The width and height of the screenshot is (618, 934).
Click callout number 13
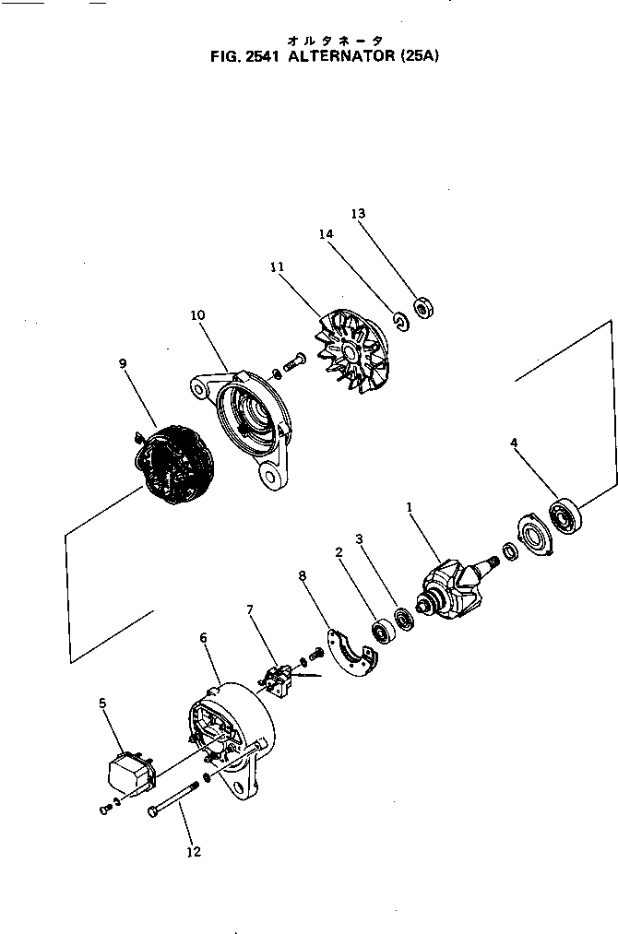tap(358, 214)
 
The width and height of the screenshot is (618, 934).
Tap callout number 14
tap(326, 234)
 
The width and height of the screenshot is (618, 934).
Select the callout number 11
tap(277, 266)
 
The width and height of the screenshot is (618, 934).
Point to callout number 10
tap(197, 314)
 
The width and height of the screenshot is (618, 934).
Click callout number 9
tap(123, 363)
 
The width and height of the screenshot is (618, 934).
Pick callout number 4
tap(514, 443)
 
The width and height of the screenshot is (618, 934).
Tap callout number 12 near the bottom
tap(194, 852)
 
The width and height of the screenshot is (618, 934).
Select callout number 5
tap(102, 703)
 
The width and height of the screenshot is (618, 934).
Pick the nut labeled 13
tap(424, 307)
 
